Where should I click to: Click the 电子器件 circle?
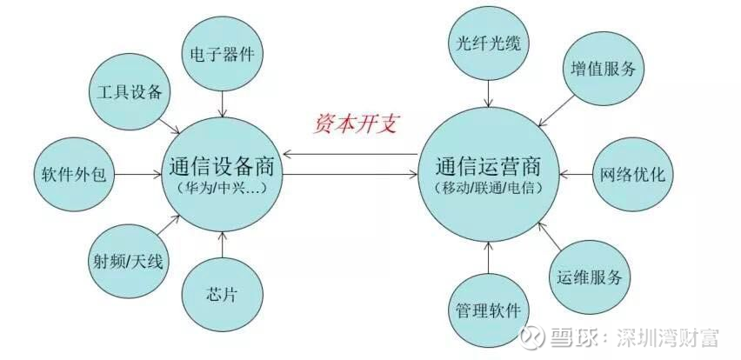(223, 54)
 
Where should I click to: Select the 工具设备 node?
(130, 91)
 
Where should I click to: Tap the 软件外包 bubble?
(74, 174)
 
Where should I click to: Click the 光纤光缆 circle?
(489, 43)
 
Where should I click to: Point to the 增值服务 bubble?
(604, 69)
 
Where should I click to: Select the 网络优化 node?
(633, 174)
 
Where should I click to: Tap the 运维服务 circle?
(590, 277)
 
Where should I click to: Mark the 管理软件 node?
(489, 310)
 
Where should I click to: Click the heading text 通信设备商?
(222, 166)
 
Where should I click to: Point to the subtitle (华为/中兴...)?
(223, 188)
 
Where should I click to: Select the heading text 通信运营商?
(489, 166)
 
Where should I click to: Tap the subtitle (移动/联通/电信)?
(489, 188)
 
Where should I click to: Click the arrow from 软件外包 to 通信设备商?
(138, 175)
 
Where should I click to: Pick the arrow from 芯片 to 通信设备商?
(223, 244)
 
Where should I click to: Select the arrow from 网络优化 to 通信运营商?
(576, 175)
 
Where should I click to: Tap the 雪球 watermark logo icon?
(532, 337)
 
